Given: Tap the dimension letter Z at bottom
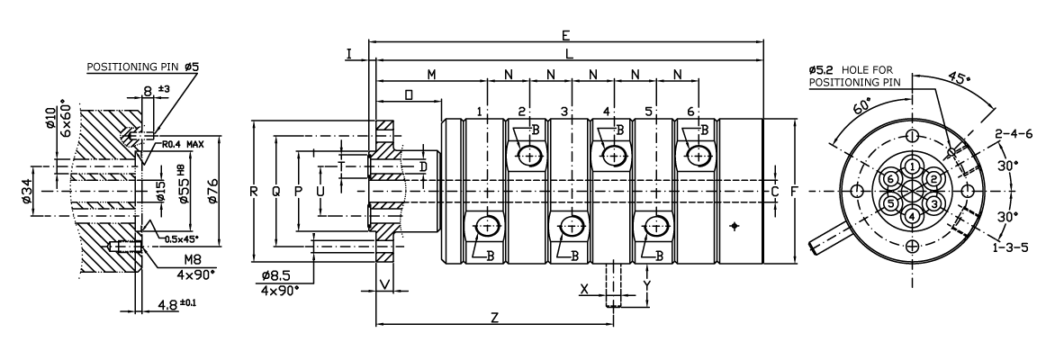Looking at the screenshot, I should pos(494,318).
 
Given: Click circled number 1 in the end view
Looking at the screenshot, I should pos(913,166).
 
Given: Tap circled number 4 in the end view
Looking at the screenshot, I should pos(913,216).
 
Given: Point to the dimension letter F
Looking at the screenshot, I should pos(793,192).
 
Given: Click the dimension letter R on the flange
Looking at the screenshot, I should pos(256,191).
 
